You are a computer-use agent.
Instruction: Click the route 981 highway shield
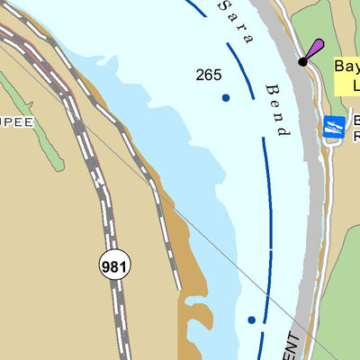pos(115,265)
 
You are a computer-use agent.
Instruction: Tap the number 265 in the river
pos(208,76)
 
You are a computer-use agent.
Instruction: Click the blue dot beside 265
pos(225,97)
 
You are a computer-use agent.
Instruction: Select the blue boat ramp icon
pos(334,127)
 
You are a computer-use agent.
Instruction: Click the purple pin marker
pos(313,49)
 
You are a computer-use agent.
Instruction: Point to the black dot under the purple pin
pos(303,61)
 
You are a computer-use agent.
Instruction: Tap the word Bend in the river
pos(277,111)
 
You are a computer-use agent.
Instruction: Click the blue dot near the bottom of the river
pos(251,319)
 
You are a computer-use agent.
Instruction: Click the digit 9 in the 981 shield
pos(107,265)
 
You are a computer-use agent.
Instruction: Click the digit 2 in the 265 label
pos(200,76)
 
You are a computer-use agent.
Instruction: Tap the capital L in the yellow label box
pos(356,85)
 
